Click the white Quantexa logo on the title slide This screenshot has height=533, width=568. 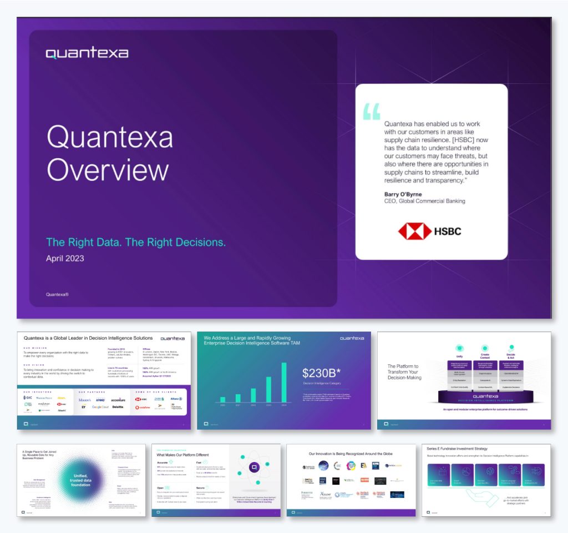[87, 53]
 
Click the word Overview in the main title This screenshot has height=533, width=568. [108, 169]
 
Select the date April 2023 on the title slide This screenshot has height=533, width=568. [65, 258]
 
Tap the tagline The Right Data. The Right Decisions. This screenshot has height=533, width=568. [136, 242]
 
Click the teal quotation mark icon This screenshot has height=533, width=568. [372, 111]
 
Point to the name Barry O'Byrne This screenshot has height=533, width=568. [403, 194]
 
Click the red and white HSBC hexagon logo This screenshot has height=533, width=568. [415, 231]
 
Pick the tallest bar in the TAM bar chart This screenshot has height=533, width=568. [284, 382]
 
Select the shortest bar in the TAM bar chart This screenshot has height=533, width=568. [223, 399]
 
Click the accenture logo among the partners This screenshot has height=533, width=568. [118, 400]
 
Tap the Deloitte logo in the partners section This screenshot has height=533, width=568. [118, 407]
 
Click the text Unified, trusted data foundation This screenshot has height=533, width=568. [80, 480]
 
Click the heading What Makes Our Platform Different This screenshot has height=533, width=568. [183, 455]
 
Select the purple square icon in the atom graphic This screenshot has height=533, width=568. [254, 468]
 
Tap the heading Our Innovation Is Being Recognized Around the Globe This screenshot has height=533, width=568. [351, 454]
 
